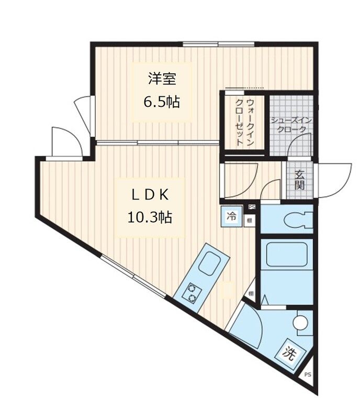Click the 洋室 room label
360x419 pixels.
click(161, 79)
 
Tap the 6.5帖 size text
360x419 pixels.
click(161, 101)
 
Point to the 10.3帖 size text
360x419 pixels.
click(150, 216)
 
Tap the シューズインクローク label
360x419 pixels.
click(291, 125)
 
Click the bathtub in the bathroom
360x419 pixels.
click(285, 258)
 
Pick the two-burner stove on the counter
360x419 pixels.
click(192, 293)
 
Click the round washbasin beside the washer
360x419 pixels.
click(301, 323)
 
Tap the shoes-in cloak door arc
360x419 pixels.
click(301, 144)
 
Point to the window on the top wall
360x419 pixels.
click(218, 44)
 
